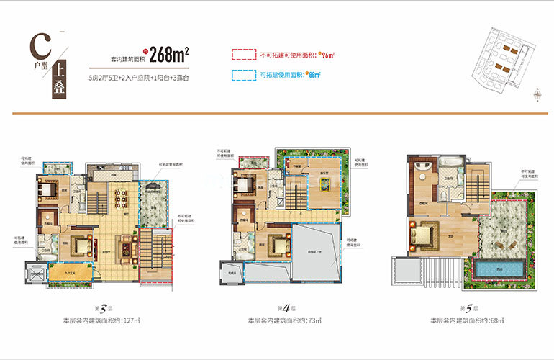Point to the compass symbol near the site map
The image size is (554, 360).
pyautogui.click(x=537, y=93)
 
